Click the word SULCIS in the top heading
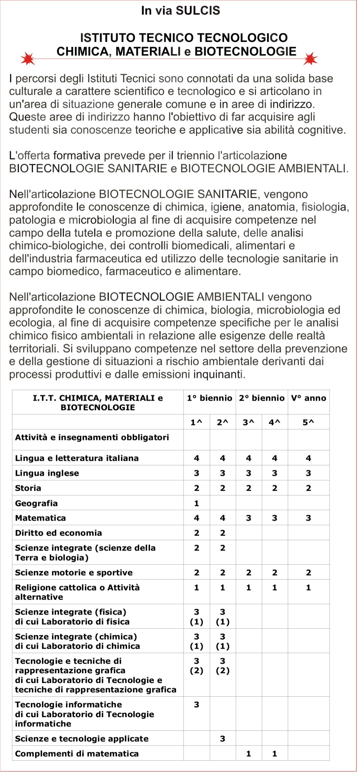coord(198,11)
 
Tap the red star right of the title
coord(310,59)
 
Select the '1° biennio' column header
coord(209,398)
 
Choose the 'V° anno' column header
coord(308,398)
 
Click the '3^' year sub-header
coord(248,422)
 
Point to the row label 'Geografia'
coord(36,503)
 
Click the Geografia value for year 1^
coord(196,503)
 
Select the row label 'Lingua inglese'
coord(47,473)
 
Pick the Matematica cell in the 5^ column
coord(308,518)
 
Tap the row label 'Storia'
coord(28,488)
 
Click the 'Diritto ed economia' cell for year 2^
coord(222,533)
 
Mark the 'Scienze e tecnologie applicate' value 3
coord(222,739)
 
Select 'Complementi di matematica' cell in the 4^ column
coord(274,754)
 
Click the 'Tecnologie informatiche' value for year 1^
coord(196,704)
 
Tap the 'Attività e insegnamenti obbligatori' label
coord(92,437)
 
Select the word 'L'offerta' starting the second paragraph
coord(30,155)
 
